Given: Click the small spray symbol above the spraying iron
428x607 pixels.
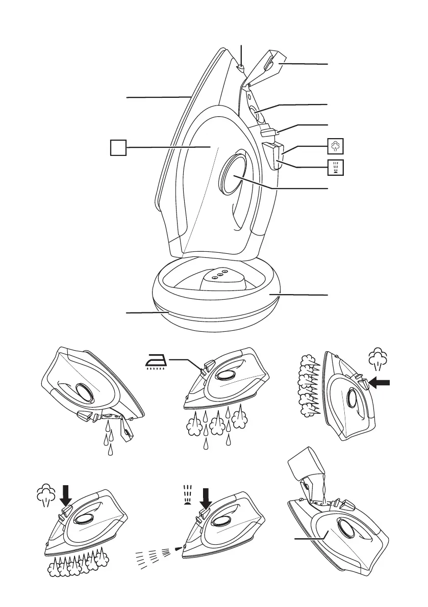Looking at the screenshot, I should [x=186, y=494].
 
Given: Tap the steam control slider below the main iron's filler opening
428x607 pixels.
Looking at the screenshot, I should [x=268, y=133].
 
